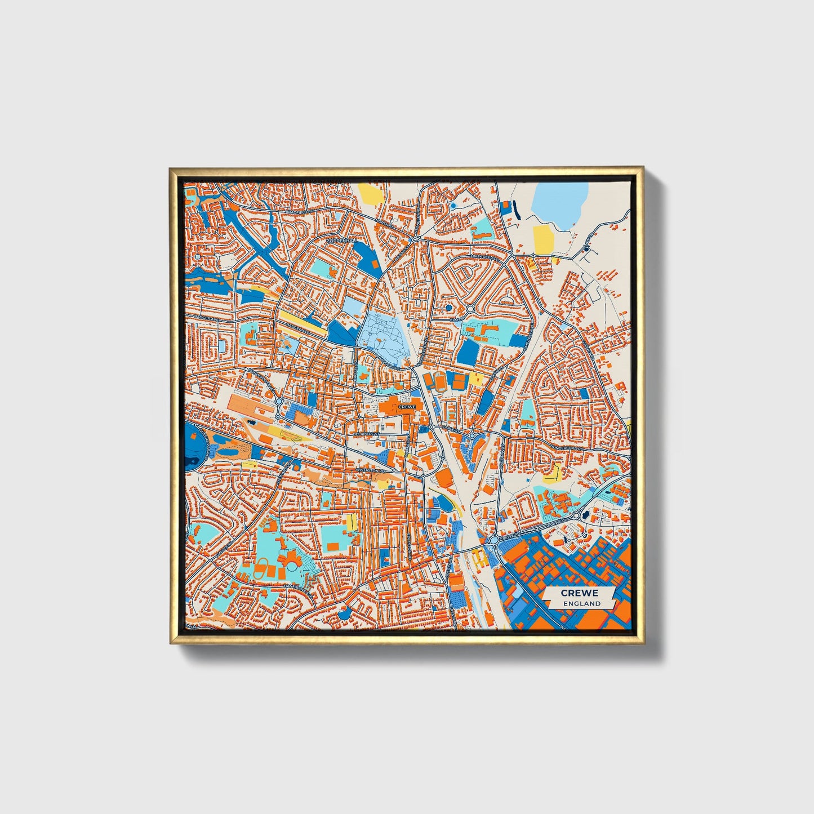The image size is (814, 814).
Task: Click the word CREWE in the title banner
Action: pos(579,593)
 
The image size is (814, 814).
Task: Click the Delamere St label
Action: pos(367,434)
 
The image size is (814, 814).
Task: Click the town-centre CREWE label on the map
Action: pos(406,406)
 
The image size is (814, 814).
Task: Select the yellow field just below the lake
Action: pos(543,239)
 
